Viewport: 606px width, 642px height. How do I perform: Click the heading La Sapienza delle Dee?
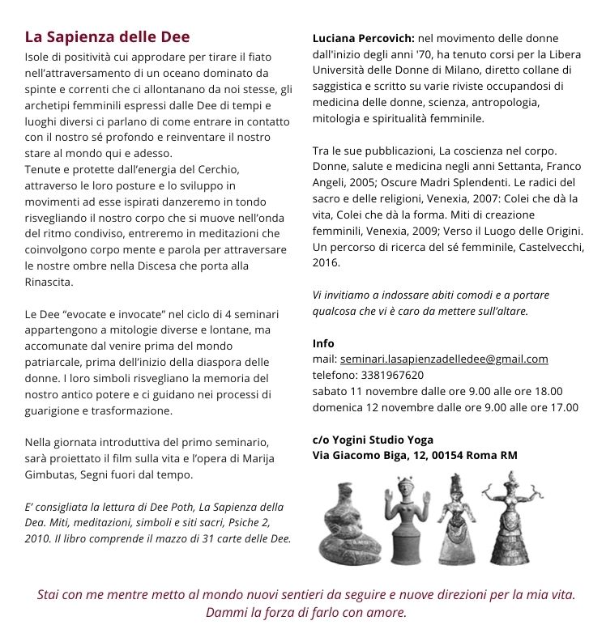click(x=107, y=37)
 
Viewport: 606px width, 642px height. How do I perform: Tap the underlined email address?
click(x=444, y=359)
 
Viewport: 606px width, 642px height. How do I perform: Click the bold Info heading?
click(x=323, y=342)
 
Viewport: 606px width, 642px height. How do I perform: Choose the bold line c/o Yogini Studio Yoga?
click(x=373, y=440)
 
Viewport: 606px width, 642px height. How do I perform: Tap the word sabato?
click(x=329, y=391)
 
